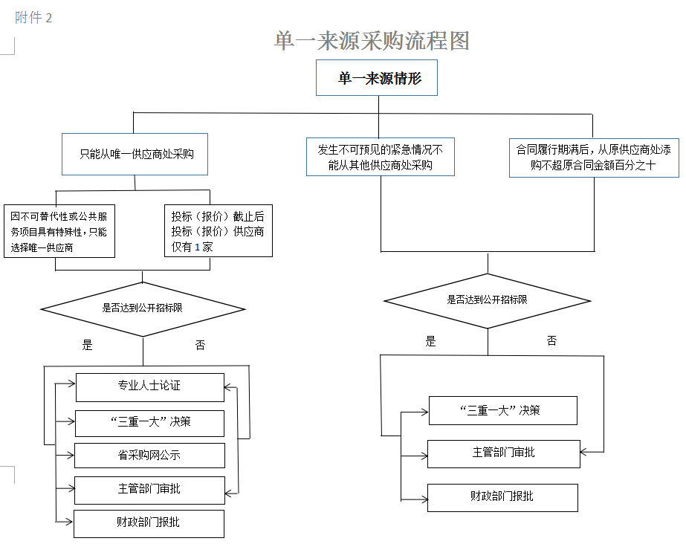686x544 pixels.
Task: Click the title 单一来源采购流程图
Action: pos(372,41)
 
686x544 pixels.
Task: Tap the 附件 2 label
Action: pos(33,18)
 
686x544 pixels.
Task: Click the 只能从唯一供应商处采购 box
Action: pos(134,155)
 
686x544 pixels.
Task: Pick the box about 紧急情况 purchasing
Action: pos(380,157)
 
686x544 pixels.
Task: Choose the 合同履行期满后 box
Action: pos(593,157)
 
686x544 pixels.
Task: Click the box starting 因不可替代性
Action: pos(59,231)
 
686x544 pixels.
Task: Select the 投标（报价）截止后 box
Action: pos(218,231)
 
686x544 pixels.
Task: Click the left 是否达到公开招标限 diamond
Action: pos(142,308)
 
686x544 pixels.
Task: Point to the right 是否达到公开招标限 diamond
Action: pos(488,300)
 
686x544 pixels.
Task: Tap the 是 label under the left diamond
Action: pos(87,345)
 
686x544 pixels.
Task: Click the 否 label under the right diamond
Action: pos(551,341)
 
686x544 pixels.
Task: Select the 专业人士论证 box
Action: pos(149,386)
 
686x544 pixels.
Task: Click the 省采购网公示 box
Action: pos(149,455)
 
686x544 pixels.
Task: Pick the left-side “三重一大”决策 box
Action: pos(149,422)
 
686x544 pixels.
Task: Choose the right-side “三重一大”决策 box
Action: pos(502,410)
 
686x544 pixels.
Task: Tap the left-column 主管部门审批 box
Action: pos(149,489)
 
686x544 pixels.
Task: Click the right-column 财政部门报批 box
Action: pos(502,496)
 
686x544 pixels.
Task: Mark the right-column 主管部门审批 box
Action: pos(502,453)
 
